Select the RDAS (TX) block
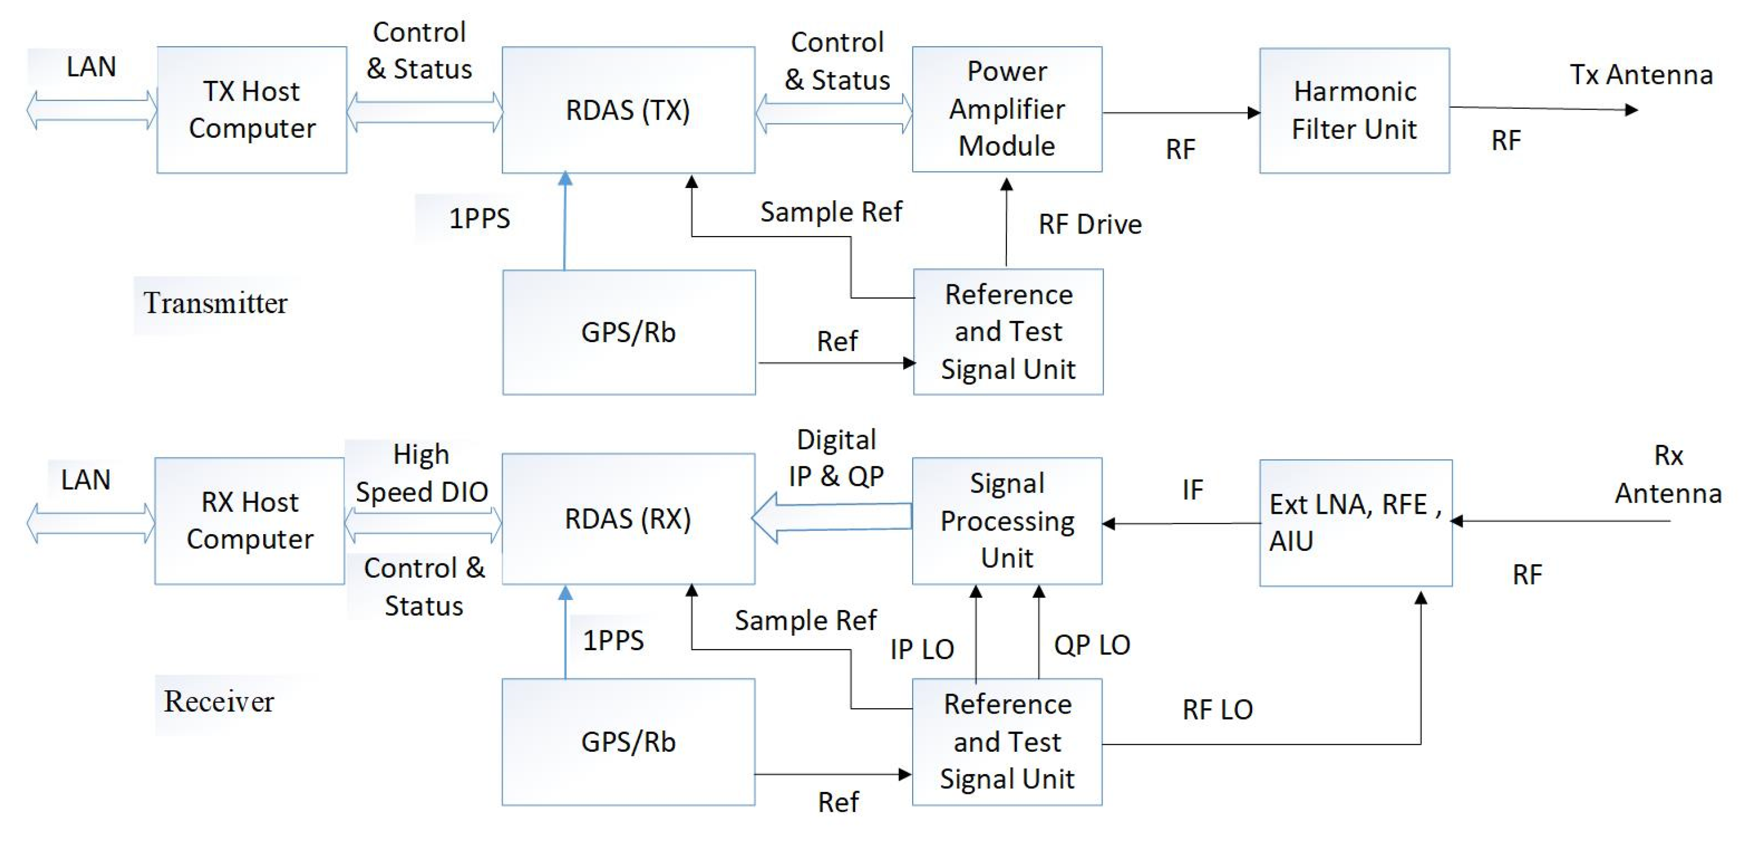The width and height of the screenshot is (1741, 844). [x=628, y=110]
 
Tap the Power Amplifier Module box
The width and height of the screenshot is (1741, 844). [x=1006, y=109]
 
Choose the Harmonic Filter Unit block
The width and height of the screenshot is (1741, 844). [x=1354, y=110]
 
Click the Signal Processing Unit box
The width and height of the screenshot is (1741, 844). [x=1006, y=521]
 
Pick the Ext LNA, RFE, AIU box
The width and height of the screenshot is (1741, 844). [x=1355, y=523]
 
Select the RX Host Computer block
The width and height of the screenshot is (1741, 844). [x=249, y=521]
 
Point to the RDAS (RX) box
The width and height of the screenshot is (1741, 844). [x=628, y=519]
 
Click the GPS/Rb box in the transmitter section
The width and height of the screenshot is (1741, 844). [x=628, y=332]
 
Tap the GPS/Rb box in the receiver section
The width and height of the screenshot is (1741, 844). [x=628, y=742]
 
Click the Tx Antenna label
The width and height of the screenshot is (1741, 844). [x=1640, y=74]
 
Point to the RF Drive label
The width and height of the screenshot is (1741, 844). [x=1090, y=224]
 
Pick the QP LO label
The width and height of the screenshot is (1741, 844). [x=1092, y=645]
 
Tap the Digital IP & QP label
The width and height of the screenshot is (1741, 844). [x=836, y=458]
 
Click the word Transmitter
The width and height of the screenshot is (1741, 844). [x=215, y=303]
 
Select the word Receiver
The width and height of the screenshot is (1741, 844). [x=218, y=701]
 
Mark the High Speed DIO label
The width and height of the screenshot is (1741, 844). [x=422, y=474]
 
